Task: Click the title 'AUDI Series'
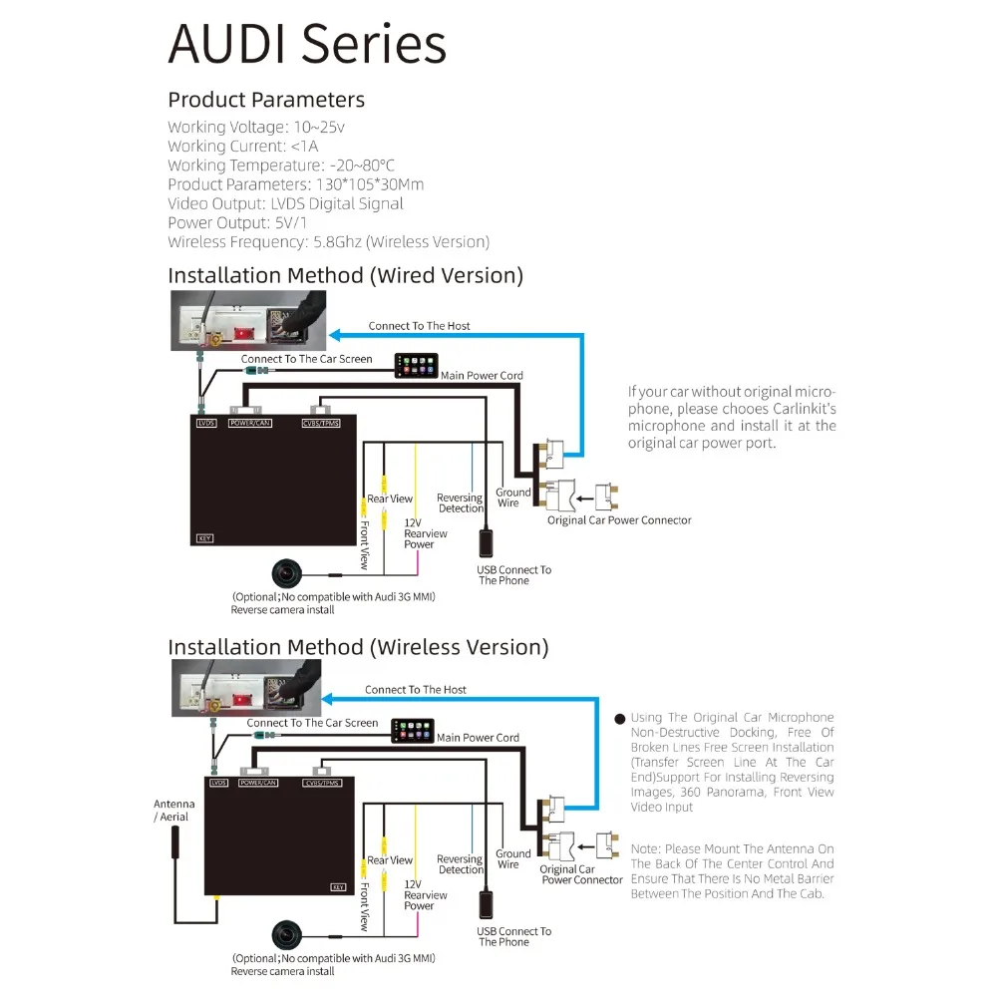pyautogui.click(x=307, y=45)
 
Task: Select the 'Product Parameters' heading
pyautogui.click(x=266, y=100)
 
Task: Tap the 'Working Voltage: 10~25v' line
pyautogui.click(x=256, y=127)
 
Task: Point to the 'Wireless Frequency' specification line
pyautogui.click(x=328, y=241)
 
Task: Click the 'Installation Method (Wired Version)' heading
pyautogui.click(x=345, y=275)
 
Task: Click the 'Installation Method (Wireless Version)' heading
pyautogui.click(x=358, y=647)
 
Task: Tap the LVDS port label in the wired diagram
pyautogui.click(x=206, y=423)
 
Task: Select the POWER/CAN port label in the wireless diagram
pyautogui.click(x=263, y=783)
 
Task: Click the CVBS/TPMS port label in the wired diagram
pyautogui.click(x=321, y=423)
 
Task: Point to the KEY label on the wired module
pyautogui.click(x=205, y=538)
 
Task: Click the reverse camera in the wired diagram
pyautogui.click(x=289, y=573)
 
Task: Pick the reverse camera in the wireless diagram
pyautogui.click(x=289, y=935)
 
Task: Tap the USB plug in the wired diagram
pyautogui.click(x=487, y=542)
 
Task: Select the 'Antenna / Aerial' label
pyautogui.click(x=173, y=810)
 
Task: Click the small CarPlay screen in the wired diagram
pyautogui.click(x=416, y=365)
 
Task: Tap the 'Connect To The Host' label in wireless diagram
pyautogui.click(x=415, y=690)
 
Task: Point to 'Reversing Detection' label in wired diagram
pyautogui.click(x=460, y=502)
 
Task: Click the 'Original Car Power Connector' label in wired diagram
pyautogui.click(x=618, y=520)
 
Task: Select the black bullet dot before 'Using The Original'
pyautogui.click(x=619, y=719)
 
